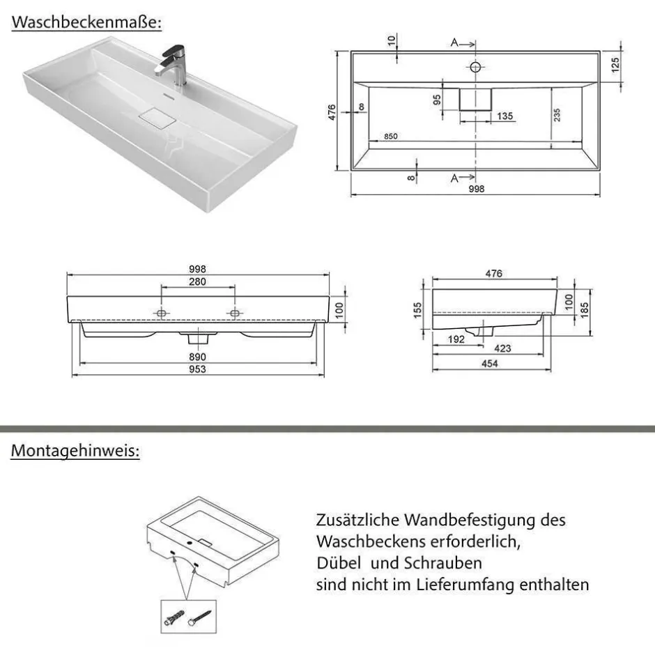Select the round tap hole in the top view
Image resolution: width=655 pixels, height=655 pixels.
pyautogui.click(x=476, y=67)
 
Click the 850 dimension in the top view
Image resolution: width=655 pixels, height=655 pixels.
pyautogui.click(x=390, y=136)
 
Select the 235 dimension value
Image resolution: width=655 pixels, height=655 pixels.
pyautogui.click(x=557, y=115)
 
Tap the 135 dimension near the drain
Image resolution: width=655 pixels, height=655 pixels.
pyautogui.click(x=505, y=116)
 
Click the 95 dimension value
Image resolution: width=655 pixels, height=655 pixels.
pyautogui.click(x=437, y=98)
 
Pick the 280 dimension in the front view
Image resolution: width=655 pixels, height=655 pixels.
pyautogui.click(x=197, y=282)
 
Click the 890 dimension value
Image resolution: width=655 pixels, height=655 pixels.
pyautogui.click(x=197, y=357)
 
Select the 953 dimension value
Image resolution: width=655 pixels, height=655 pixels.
pyautogui.click(x=197, y=369)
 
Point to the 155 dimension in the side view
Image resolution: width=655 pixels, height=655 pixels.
pyautogui.click(x=417, y=309)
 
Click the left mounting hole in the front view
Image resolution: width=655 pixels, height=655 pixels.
pyautogui.click(x=161, y=313)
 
